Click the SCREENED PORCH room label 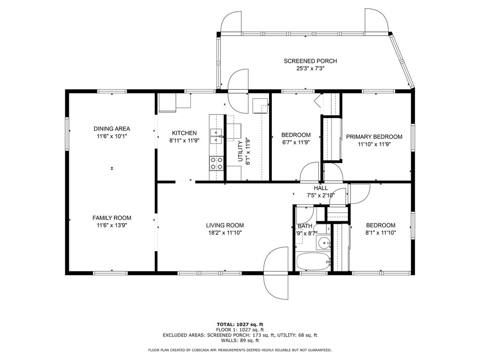coord(310,61)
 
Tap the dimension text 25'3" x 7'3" coord(310,68)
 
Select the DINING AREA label coord(112,128)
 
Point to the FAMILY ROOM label coord(112,218)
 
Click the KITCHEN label coord(184,133)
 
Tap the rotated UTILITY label coord(240,151)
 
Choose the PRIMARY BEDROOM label coord(374,137)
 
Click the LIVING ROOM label coord(225,225)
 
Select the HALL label coord(321,188)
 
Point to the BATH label coord(305,226)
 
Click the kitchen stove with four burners coord(217,163)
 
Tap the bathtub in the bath coord(314,262)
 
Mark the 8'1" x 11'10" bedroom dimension coord(381,232)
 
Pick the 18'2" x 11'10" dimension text coord(225,232)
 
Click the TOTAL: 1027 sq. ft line coord(240,324)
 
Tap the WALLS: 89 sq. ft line coord(240,340)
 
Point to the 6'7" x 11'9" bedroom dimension coord(296,142)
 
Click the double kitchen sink coord(216,136)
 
